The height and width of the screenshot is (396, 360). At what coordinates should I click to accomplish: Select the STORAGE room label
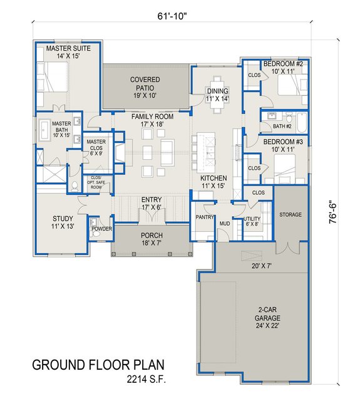point(290,214)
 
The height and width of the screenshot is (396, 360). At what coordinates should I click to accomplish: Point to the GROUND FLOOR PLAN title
point(98,365)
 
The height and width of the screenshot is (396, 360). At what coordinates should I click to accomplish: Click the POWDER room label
point(101,229)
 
